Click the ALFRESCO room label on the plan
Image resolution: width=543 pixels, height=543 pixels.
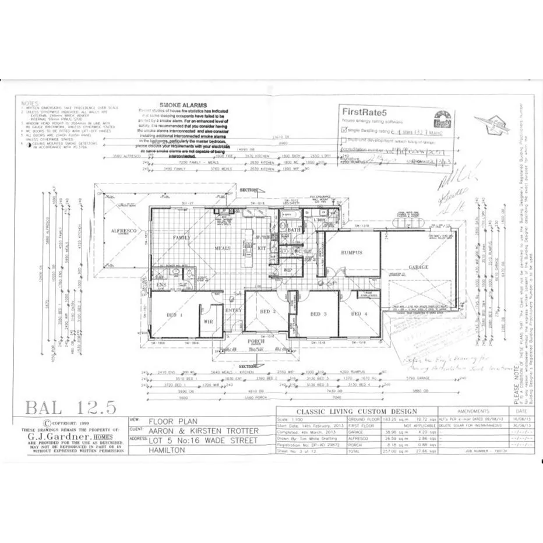click(124, 231)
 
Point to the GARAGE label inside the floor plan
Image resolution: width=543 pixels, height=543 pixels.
click(418, 267)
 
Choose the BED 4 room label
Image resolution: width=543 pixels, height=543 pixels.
click(359, 315)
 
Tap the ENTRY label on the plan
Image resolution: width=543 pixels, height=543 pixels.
click(233, 311)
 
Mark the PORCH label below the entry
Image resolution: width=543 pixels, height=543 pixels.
click(256, 341)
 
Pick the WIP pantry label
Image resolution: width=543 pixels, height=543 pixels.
click(287, 270)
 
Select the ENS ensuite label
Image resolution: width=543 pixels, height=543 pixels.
click(161, 284)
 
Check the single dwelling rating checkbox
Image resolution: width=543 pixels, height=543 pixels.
click(344, 132)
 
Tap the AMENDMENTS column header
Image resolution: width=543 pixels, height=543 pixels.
click(474, 411)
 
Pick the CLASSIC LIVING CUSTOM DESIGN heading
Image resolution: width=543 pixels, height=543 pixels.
click(357, 411)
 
